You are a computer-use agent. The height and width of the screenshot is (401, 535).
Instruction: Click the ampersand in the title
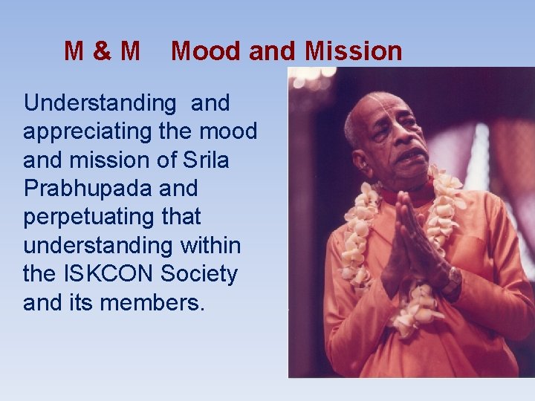pos(103,51)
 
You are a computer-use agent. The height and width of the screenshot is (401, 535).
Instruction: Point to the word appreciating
pos(88,132)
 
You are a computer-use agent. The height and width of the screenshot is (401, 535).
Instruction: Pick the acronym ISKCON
pos(111,274)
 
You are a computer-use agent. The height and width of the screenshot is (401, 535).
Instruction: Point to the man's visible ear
pos(361,154)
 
